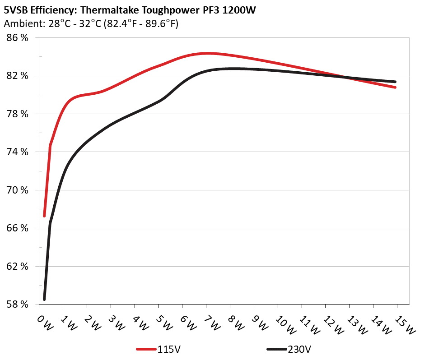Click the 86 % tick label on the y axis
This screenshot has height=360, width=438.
[x=17, y=38]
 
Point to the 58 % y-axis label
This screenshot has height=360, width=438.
[x=17, y=304]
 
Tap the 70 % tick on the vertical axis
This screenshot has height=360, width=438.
[x=17, y=190]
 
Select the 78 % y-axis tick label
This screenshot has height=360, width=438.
[x=17, y=114]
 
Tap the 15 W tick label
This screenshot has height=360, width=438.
[x=401, y=323]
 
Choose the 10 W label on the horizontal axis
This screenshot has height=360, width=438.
[x=282, y=323]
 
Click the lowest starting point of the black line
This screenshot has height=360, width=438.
[x=44, y=299]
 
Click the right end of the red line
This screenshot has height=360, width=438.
[x=395, y=87]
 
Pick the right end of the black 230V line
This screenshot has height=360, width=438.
[x=395, y=82]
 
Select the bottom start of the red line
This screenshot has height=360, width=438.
[x=44, y=216]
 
